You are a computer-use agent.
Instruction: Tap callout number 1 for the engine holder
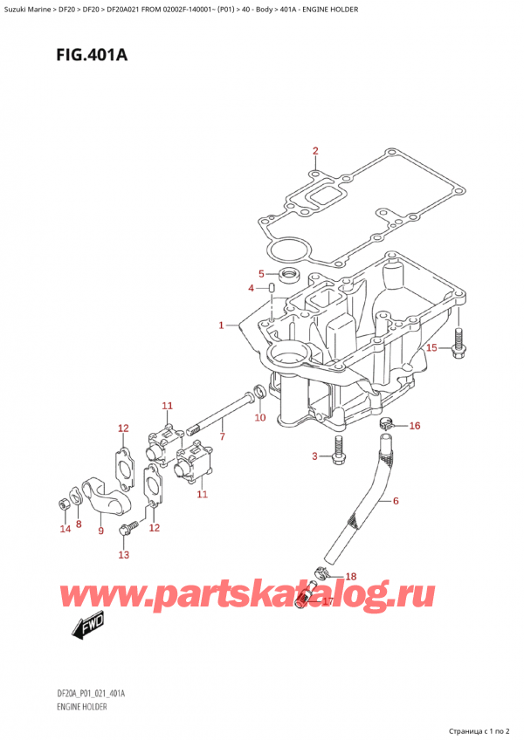pos(223,325)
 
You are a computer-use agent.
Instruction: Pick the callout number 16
pos(414,426)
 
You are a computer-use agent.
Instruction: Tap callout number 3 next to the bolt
pos(315,456)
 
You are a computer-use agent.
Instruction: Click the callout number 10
pos(259,418)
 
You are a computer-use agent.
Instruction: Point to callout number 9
pos(101,531)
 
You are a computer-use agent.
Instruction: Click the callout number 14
pos(63,529)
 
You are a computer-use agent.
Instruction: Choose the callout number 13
pos(123,554)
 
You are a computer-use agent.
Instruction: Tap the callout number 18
pos(350,577)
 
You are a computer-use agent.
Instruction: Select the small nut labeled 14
pos(64,504)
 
